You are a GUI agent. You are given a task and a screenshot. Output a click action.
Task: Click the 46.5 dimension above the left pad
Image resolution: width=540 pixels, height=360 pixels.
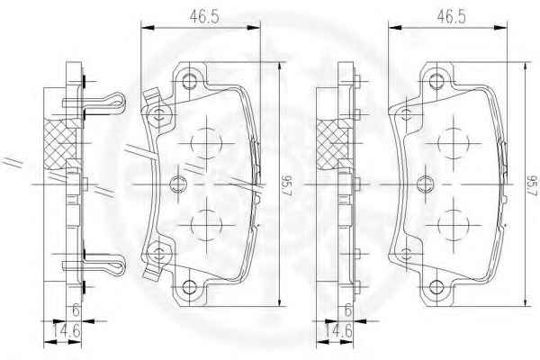204,16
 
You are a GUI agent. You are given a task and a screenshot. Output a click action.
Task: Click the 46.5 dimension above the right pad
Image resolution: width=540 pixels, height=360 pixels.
451,16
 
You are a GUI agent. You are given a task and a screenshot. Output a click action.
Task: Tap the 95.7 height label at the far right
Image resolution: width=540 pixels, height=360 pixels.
533,185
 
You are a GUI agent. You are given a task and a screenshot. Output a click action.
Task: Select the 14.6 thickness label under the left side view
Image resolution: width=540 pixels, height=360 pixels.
67,331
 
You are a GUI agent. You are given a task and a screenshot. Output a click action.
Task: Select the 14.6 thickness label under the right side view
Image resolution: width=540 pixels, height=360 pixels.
338,331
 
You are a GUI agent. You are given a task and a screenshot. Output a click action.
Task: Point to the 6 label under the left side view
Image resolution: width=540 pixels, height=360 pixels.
76,310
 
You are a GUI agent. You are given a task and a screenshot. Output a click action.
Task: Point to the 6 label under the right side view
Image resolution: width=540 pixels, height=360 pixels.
347,310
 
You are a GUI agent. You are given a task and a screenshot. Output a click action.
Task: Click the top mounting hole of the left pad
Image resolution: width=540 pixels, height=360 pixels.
189,81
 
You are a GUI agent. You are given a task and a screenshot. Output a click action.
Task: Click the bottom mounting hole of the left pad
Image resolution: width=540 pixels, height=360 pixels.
189,287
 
